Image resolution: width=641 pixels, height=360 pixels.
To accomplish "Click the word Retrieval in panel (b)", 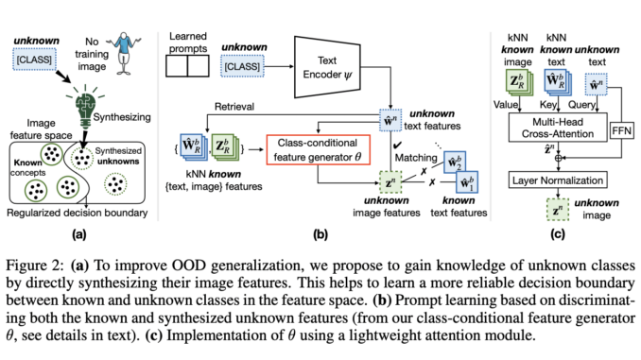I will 239,108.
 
